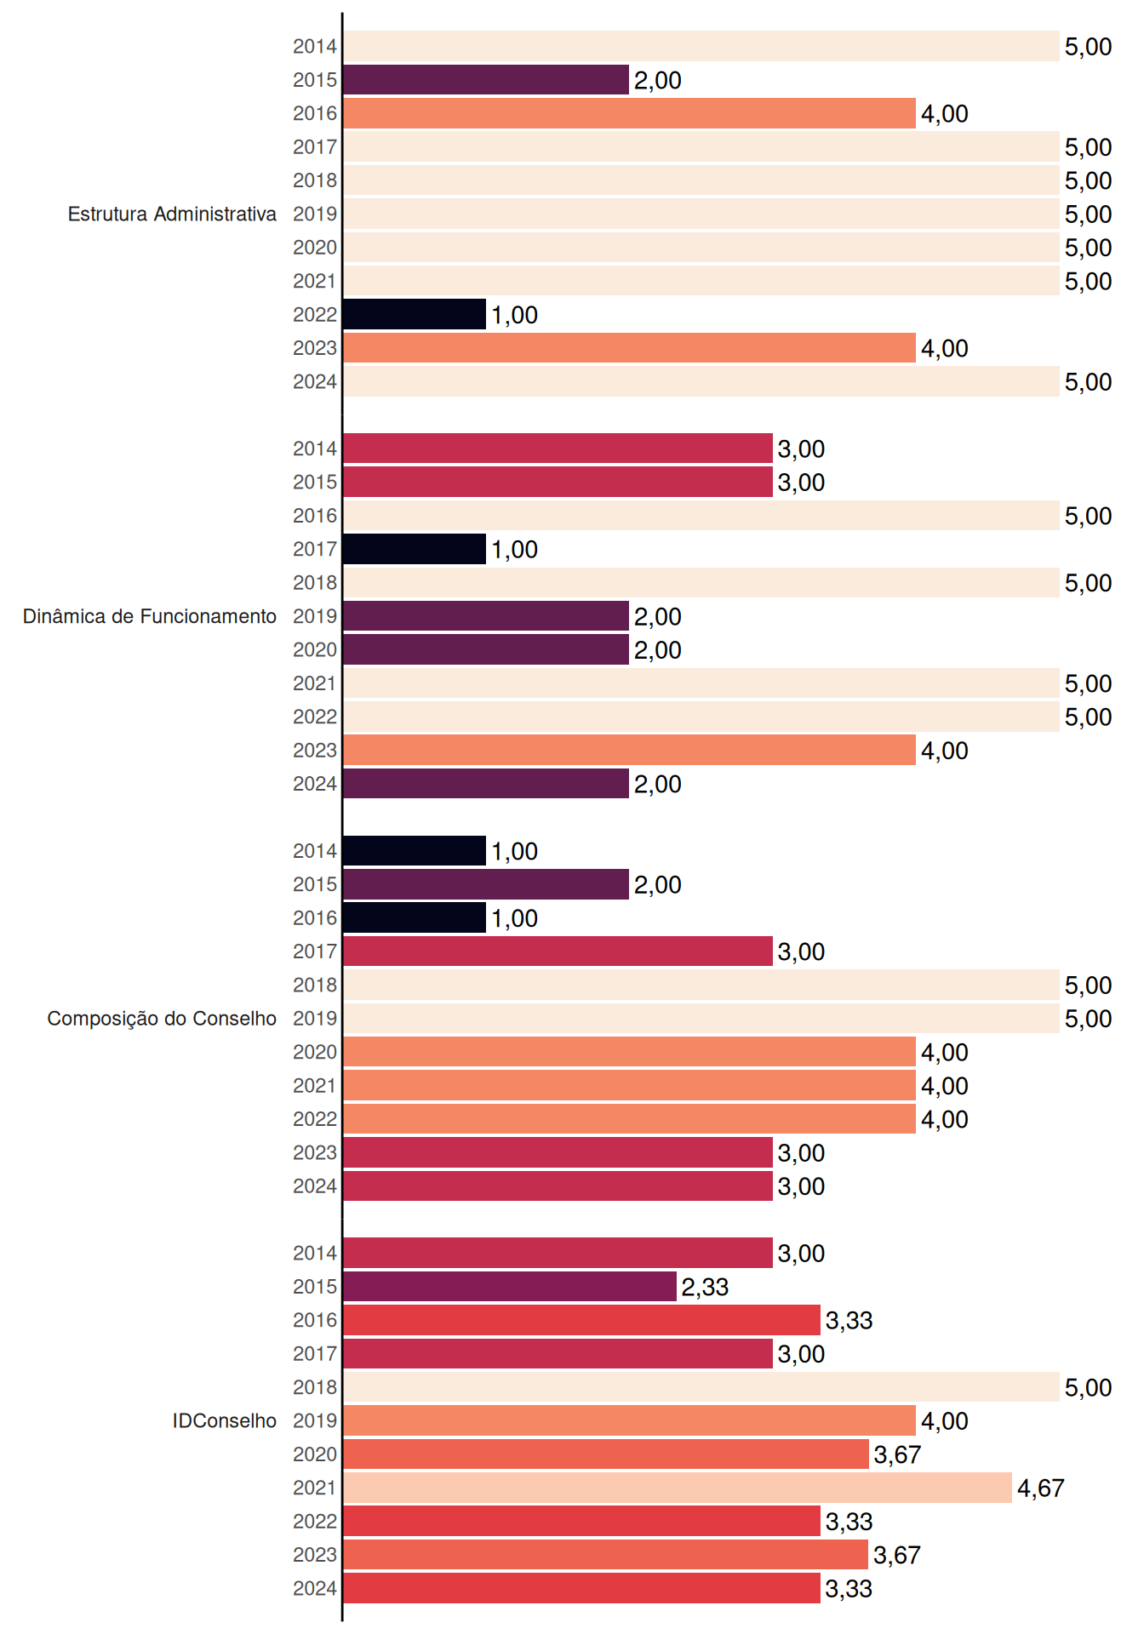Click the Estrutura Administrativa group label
point(172,214)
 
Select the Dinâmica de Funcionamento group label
point(150,616)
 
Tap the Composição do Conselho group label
point(162,1019)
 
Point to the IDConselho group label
point(225,1420)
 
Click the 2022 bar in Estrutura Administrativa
point(415,314)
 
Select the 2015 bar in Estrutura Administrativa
point(486,80)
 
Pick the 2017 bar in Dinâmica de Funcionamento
point(415,549)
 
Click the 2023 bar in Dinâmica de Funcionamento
point(629,750)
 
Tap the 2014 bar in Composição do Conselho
point(415,850)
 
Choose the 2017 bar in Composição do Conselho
point(558,951)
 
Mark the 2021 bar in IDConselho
point(678,1488)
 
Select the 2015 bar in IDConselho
point(510,1286)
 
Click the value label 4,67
point(1041,1488)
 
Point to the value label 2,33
point(705,1287)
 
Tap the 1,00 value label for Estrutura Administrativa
point(514,315)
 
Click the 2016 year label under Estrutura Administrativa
point(315,113)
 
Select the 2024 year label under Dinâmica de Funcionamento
point(315,784)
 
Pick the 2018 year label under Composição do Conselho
point(315,985)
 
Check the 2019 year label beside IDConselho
point(315,1420)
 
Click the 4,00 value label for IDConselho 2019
point(945,1421)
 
